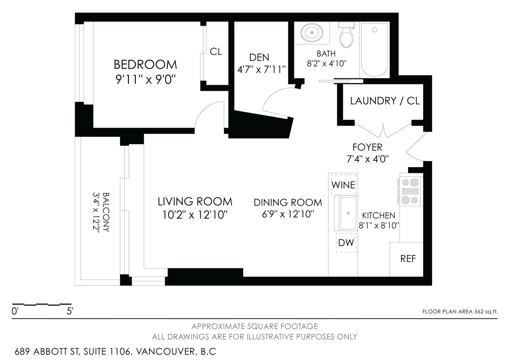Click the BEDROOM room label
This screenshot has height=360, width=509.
(x=145, y=65)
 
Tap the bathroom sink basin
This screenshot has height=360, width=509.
(x=312, y=33)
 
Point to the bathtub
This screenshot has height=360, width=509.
(x=374, y=50)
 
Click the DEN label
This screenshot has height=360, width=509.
(x=259, y=57)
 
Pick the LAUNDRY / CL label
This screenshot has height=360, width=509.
(x=385, y=101)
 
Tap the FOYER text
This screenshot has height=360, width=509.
(x=367, y=147)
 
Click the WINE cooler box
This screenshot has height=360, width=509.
(x=343, y=184)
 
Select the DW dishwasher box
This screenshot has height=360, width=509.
(x=346, y=243)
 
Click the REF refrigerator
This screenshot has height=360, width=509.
(x=407, y=259)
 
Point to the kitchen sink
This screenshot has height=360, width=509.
(x=346, y=213)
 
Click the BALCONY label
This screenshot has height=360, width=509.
(x=106, y=212)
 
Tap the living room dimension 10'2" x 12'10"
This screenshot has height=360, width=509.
(x=195, y=215)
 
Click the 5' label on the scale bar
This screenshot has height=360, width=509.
(x=70, y=311)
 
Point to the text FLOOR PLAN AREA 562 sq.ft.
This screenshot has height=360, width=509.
(x=460, y=312)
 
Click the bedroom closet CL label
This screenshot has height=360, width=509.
(x=216, y=52)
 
